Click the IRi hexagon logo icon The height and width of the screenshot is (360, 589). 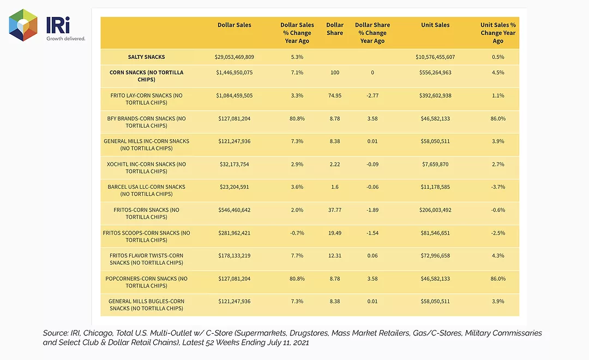[x=23, y=25]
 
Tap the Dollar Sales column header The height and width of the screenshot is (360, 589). [x=235, y=25]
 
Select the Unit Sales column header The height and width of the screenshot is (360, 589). [x=435, y=25]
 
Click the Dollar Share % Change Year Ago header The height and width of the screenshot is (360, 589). [x=372, y=33]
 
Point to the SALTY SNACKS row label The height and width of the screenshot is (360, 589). [x=147, y=57]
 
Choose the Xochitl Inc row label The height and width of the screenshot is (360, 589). [x=147, y=167]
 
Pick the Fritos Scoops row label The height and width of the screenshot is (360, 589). [x=147, y=236]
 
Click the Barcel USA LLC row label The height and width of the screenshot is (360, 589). [x=147, y=190]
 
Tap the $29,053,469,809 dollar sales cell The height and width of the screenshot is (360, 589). [x=235, y=57]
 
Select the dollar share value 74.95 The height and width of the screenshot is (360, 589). [x=335, y=95]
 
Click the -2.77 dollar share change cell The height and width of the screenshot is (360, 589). [x=372, y=95]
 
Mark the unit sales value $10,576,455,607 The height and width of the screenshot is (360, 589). [x=435, y=57]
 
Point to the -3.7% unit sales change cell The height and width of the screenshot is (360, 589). [x=498, y=187]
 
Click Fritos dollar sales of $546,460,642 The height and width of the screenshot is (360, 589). [x=235, y=210]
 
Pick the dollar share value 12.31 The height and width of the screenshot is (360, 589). [x=335, y=255]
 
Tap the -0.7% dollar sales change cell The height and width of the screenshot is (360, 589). [x=297, y=233]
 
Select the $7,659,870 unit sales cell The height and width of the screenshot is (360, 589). [x=435, y=164]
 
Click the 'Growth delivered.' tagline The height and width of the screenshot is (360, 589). [x=66, y=38]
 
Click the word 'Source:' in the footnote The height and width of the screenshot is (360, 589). [x=56, y=333]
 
